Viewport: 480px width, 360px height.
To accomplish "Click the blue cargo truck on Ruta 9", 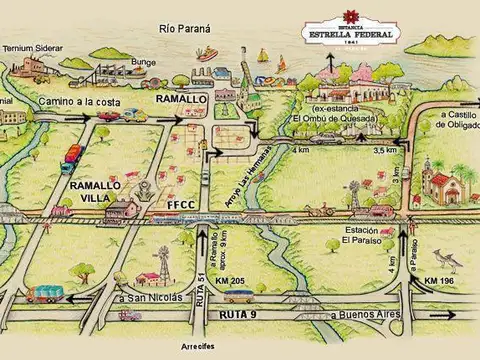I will [45, 293].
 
